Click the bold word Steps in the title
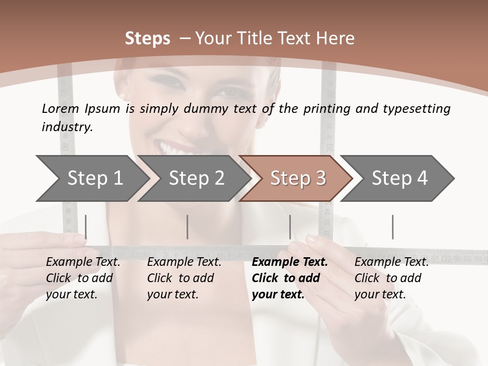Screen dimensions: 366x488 (147, 39)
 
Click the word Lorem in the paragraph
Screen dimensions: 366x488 (60, 108)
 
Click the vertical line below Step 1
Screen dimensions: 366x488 (85, 227)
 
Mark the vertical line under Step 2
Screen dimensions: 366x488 (188, 227)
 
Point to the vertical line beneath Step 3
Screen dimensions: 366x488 (290, 227)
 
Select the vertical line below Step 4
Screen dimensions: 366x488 (392, 227)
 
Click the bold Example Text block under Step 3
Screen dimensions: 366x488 (289, 278)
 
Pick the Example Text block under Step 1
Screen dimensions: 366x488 (83, 278)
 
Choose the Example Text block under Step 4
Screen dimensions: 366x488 (391, 278)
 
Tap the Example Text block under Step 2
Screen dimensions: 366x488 (184, 278)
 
